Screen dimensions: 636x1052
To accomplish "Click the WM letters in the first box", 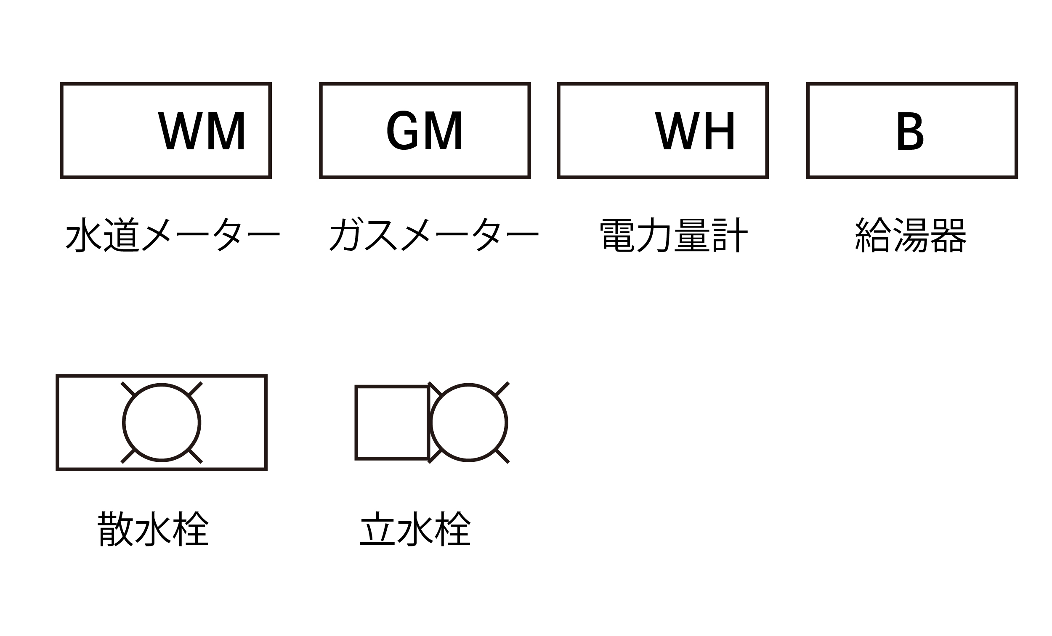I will tap(202, 131).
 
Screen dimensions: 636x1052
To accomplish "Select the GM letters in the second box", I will tap(424, 130).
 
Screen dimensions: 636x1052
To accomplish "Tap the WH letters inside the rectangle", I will tap(695, 131).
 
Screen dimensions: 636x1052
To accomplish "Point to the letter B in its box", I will tap(910, 131).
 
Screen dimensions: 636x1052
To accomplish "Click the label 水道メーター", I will tap(173, 234).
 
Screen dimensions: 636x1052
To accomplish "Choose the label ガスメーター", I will tap(434, 234).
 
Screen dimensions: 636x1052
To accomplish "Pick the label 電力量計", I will tap(673, 235).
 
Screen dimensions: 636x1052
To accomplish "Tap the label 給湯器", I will tap(910, 235).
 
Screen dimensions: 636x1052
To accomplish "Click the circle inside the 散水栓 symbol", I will tap(162, 423).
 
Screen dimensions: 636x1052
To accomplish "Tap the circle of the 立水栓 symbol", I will tap(468, 423).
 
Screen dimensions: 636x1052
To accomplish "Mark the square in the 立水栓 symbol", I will tap(392, 423).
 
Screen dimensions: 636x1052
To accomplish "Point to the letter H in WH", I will tap(720, 131).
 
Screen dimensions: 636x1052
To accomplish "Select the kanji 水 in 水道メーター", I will tap(84, 234).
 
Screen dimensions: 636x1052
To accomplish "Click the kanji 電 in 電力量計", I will tap(617, 235).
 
